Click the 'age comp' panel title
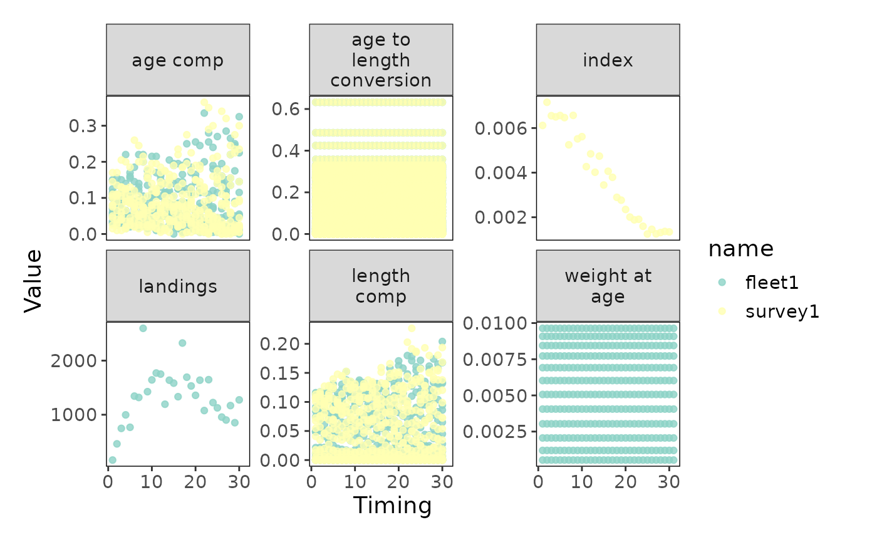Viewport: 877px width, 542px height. pos(177,60)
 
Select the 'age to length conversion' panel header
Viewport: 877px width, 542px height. pos(381,60)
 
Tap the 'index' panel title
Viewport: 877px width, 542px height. pos(608,60)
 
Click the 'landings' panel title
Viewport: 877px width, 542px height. pos(177,286)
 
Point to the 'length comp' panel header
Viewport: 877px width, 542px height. pos(381,286)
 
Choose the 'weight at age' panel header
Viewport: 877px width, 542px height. pos(608,286)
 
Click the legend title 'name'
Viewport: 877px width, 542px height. pos(741,249)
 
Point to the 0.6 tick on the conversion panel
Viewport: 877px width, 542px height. pos(285,109)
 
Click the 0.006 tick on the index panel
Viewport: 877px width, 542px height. pos(501,128)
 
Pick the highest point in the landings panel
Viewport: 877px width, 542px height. pos(143,328)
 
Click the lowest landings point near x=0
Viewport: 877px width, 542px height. pos(112,460)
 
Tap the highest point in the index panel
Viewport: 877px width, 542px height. pos(547,102)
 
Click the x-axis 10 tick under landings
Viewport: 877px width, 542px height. pos(152,482)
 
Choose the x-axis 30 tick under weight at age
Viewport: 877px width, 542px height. pos(668,482)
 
